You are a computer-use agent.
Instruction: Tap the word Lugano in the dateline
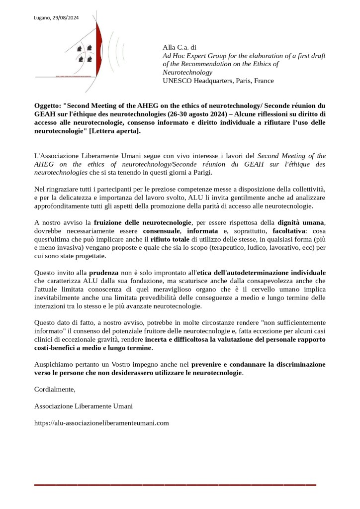[43, 18]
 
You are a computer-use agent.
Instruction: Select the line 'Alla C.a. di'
[180, 47]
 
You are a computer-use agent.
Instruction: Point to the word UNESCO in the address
[177, 81]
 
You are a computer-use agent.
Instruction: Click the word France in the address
[264, 81]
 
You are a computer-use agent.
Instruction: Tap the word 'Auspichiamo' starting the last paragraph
[54, 364]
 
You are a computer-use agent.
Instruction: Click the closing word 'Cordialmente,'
[55, 389]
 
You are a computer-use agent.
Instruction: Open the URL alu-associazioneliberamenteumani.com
[101, 423]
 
